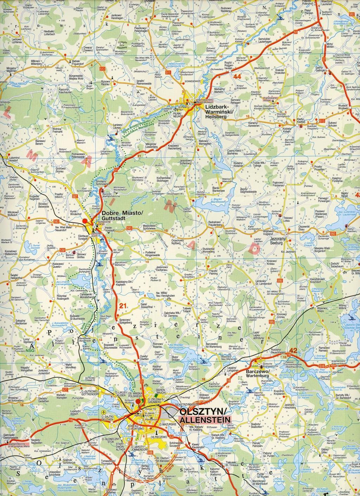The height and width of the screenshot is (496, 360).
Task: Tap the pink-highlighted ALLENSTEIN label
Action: (203, 420)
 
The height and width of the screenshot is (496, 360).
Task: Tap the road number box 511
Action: (168, 72)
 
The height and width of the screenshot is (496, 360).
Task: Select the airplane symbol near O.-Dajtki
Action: (104, 412)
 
